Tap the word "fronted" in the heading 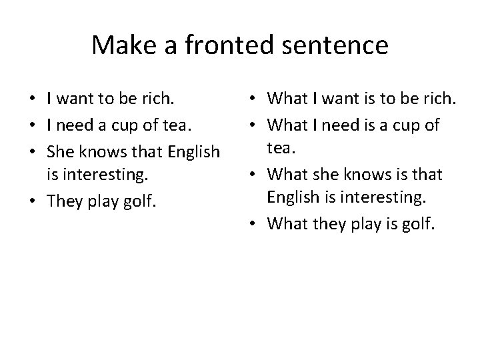[x=221, y=45]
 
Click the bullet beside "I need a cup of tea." [x=33, y=127]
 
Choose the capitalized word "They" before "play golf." [x=64, y=202]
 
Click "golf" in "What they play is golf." [x=418, y=225]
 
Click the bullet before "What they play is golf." [x=257, y=225]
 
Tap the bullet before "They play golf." [x=33, y=202]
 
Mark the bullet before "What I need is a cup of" [x=257, y=125]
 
